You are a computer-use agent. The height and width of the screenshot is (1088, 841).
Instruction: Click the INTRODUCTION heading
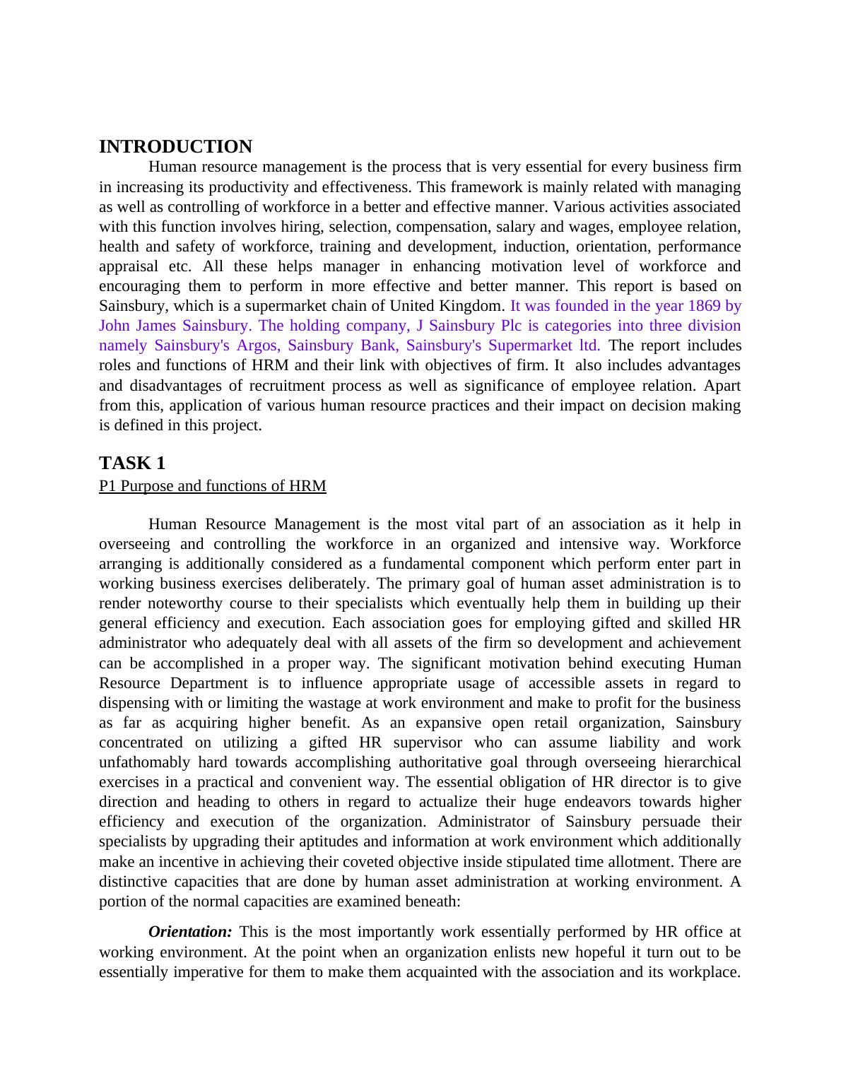click(175, 147)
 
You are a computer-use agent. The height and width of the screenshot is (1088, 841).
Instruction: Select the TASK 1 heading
click(132, 463)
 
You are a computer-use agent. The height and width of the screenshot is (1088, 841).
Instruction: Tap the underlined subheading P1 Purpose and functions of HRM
click(213, 486)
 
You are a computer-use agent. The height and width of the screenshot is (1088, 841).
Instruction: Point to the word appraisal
click(129, 266)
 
